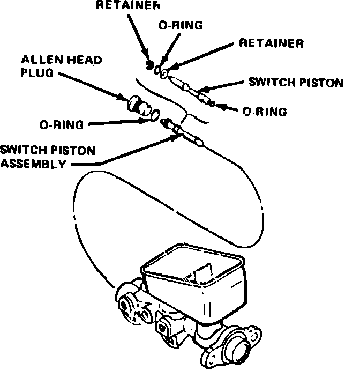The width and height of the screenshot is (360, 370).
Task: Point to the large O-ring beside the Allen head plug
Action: click(153, 114)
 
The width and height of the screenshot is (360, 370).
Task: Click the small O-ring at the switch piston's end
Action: click(213, 103)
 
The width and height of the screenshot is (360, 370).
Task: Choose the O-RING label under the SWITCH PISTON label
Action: click(264, 112)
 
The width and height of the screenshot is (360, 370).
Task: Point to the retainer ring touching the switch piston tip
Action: click(164, 72)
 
